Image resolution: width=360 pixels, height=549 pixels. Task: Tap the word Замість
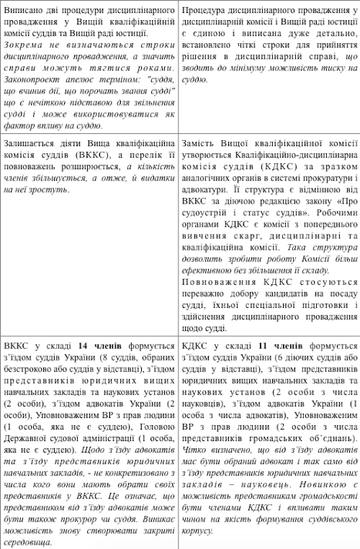pyautogui.click(x=201, y=142)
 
